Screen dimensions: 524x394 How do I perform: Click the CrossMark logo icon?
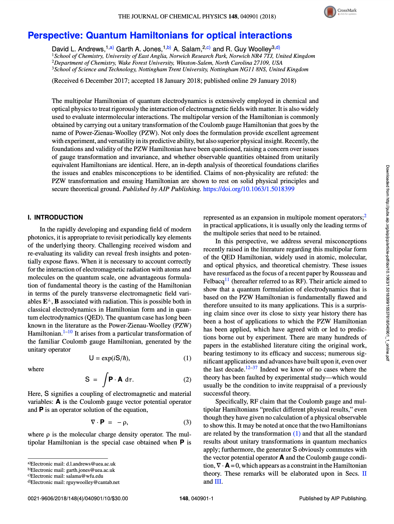tap(330, 12)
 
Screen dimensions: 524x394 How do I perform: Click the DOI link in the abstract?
tap(249, 189)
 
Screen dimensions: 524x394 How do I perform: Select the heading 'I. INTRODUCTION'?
tap(55, 217)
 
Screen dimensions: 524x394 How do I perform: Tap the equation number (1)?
tap(187, 358)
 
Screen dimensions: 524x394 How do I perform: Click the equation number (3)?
tap(187, 422)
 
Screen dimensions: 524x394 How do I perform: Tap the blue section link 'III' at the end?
tap(218, 482)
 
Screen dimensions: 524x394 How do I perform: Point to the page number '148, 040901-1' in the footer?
tap(196, 498)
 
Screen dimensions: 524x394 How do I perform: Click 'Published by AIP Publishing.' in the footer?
tap(333, 498)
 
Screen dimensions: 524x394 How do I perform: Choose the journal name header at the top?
tap(197, 17)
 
